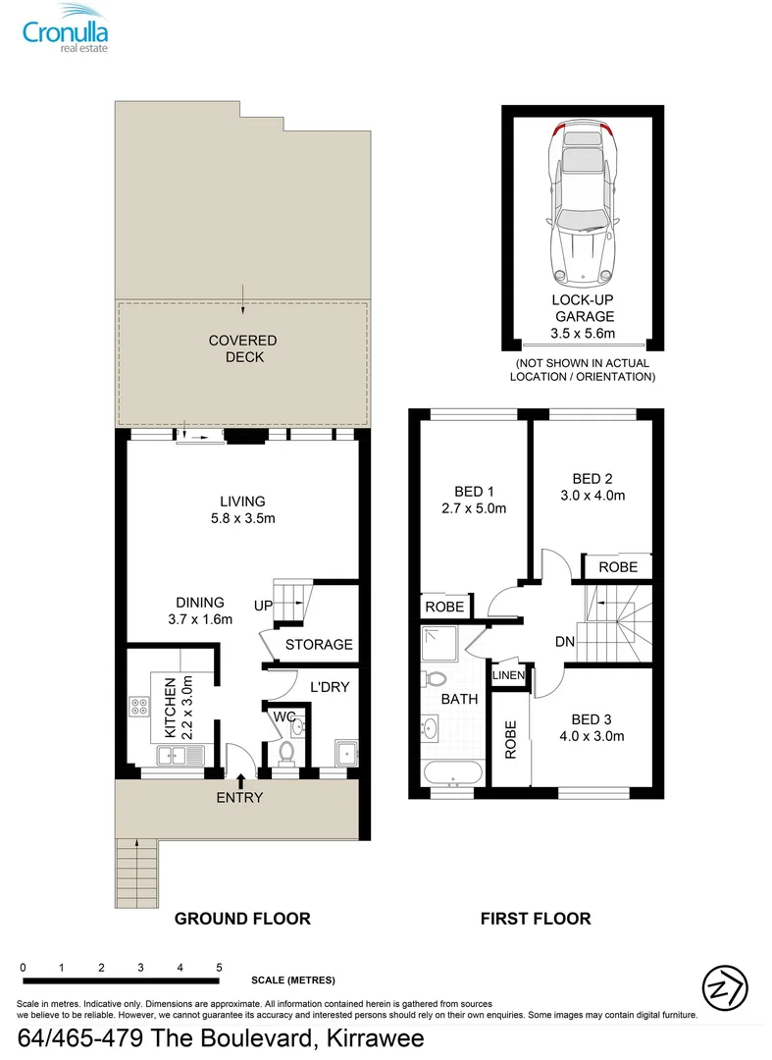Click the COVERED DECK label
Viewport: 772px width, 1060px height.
243,349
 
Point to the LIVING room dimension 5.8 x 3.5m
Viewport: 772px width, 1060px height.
242,518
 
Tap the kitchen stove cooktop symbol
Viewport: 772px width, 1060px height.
137,707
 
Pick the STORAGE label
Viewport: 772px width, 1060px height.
319,645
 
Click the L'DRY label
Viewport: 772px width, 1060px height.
329,687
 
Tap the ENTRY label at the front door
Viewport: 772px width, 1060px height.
240,797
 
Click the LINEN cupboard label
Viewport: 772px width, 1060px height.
509,675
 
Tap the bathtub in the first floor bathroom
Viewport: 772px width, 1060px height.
452,773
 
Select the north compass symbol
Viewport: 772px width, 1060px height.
725,984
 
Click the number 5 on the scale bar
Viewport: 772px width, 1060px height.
219,968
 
